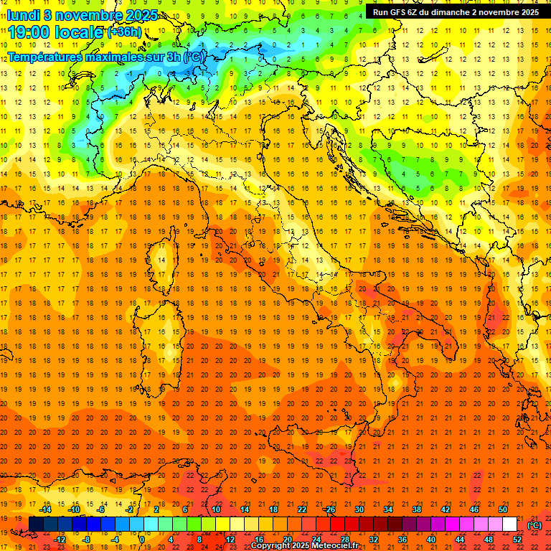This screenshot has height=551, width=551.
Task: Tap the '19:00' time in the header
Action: click(29, 32)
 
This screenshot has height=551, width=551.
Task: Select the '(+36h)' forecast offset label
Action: click(124, 32)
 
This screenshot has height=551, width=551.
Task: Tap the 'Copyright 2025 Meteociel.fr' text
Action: click(309, 545)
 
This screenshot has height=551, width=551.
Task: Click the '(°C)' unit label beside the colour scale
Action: click(534, 525)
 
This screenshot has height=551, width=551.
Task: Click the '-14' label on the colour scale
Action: click(44, 509)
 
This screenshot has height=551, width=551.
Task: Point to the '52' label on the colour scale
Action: click(517, 540)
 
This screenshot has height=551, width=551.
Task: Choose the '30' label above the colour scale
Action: click(359, 509)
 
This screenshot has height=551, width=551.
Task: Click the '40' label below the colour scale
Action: click(430, 540)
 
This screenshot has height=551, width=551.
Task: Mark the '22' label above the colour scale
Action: click(301, 509)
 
